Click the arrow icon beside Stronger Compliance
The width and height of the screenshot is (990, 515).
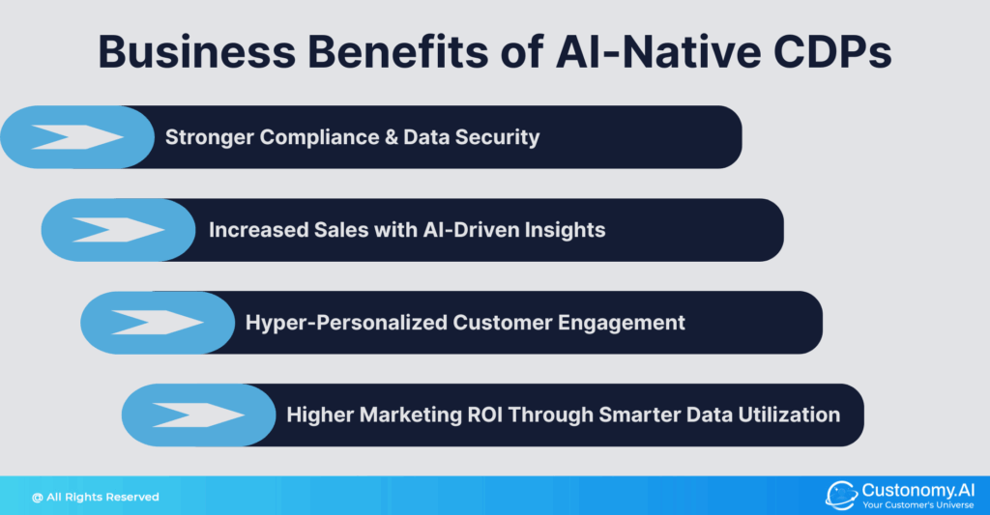click(76, 137)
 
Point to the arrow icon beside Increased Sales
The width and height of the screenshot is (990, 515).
click(118, 230)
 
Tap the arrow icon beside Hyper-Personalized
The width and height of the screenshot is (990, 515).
click(158, 323)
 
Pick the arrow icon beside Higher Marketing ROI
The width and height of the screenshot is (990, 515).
click(198, 415)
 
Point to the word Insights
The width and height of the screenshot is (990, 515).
click(564, 230)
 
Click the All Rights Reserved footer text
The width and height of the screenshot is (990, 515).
click(95, 497)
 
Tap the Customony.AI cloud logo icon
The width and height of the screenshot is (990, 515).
click(841, 496)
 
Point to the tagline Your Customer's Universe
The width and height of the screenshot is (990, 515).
click(918, 505)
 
